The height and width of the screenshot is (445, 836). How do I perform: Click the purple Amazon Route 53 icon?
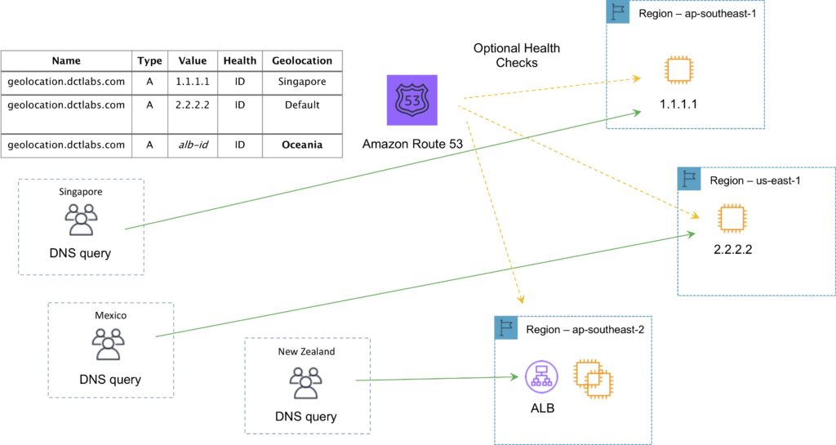click(x=411, y=100)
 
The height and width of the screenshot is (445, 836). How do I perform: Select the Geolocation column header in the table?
click(x=302, y=60)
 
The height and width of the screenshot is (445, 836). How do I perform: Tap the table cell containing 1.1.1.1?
click(x=193, y=82)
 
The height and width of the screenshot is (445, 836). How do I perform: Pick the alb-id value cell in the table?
click(x=193, y=145)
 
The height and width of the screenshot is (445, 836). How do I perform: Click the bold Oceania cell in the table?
click(x=302, y=145)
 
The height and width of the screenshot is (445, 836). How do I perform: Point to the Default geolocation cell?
click(x=302, y=105)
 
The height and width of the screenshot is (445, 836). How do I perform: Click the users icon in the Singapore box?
click(x=81, y=219)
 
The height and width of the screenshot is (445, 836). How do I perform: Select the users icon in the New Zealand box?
click(x=307, y=381)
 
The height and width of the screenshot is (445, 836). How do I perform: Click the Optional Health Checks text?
click(x=506, y=56)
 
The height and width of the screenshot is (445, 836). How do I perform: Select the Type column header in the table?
click(x=149, y=60)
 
